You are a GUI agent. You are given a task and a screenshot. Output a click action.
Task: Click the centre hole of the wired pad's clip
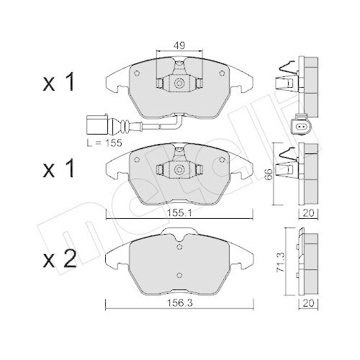(x=176, y=84)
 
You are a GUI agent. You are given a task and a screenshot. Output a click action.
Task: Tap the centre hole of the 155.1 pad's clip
(x=176, y=171)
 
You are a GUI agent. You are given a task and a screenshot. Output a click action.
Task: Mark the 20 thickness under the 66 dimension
(x=309, y=213)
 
